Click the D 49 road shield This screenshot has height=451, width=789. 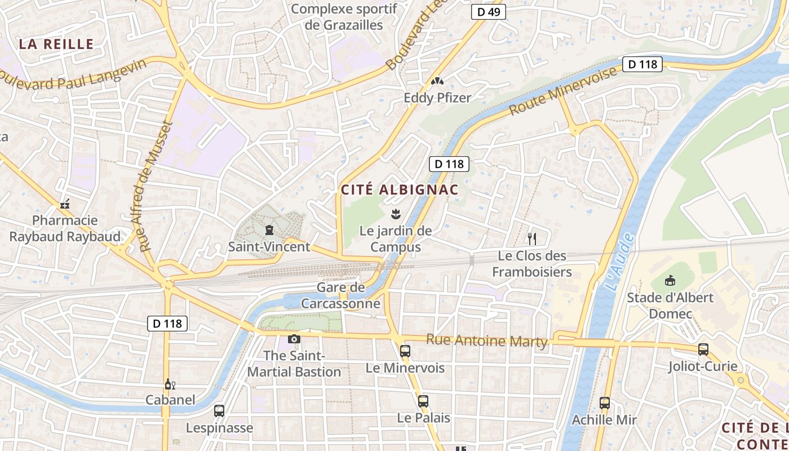point(488,12)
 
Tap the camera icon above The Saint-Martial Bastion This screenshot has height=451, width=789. point(294,339)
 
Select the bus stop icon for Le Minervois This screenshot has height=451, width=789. point(405,351)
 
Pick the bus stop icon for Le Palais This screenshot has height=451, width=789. point(423,401)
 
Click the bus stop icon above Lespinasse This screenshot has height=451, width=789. point(219,411)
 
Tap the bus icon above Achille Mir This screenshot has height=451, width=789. point(605,403)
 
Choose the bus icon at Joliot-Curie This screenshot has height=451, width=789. point(703,350)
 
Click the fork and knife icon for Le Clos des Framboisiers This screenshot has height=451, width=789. point(531,238)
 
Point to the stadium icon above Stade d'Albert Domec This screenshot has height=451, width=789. point(670,280)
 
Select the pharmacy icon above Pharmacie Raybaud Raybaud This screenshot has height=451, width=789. point(65,204)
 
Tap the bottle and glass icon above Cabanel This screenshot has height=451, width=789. point(170,384)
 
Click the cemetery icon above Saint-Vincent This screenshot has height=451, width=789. point(269,230)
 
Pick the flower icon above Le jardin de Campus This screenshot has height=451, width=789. point(396,214)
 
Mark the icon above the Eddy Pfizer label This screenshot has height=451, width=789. point(437,81)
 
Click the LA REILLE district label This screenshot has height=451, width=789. point(56,44)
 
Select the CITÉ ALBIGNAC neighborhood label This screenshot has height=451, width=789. point(400,190)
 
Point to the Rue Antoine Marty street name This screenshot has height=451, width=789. point(486,341)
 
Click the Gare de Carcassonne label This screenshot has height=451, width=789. point(340,295)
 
